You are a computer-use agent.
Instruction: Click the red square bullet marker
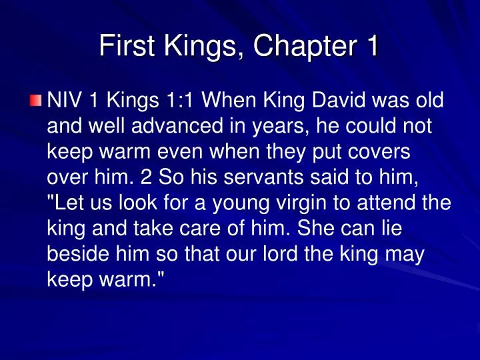(x=36, y=101)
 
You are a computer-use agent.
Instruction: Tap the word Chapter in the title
(x=293, y=46)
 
